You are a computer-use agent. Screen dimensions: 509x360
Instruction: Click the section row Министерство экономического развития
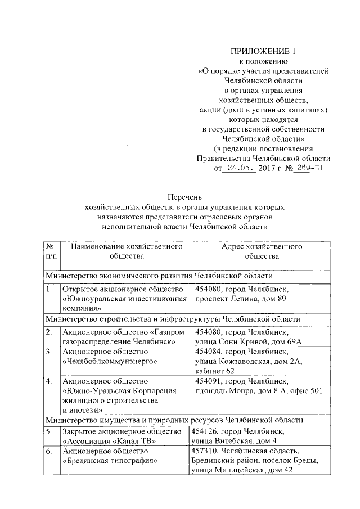[159, 276]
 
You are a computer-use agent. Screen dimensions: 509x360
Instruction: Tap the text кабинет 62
[215, 372]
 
